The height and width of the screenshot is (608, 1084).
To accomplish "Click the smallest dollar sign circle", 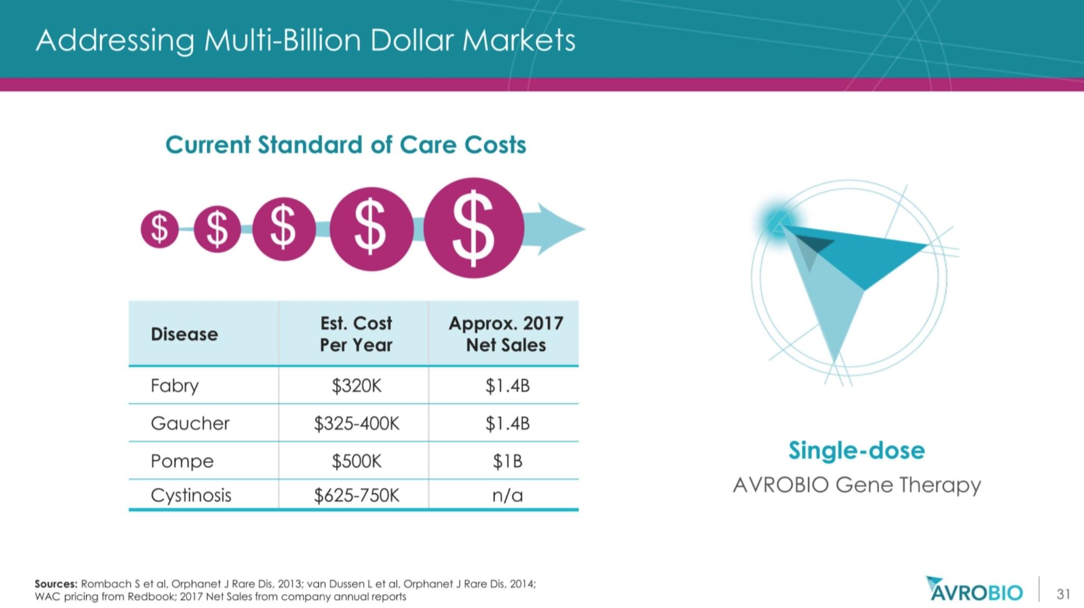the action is point(159,229).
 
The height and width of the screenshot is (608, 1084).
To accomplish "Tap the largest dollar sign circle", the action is point(474,228).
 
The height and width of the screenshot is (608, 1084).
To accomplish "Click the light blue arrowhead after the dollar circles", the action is point(560,229).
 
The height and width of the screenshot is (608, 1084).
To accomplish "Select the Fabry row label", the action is point(175,386).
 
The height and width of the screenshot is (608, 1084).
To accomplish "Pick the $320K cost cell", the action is point(356,386).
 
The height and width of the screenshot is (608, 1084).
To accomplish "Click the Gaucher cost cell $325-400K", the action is point(357,424).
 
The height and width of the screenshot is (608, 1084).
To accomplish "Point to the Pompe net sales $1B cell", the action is point(508,461).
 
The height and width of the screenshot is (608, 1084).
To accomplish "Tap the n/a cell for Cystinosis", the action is point(508,495).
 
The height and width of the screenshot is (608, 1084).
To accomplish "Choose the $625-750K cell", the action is point(357,495).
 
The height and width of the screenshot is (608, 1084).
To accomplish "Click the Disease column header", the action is point(184,334).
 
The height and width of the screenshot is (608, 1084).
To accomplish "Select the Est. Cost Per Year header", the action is point(356,334).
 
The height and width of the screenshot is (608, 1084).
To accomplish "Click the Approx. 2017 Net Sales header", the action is point(506,334).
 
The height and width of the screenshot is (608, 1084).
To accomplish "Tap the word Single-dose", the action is point(857,451).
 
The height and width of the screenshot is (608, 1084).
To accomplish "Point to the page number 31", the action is point(1063,594).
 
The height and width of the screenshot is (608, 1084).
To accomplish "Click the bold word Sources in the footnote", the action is point(56,584).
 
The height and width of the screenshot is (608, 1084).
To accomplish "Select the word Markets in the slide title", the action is point(519,40).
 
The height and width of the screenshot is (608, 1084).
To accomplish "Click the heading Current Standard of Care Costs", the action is point(346,144).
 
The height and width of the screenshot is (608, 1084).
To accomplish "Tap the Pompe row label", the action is point(182,461).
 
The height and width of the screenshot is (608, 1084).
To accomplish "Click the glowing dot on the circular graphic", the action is point(778,222).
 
